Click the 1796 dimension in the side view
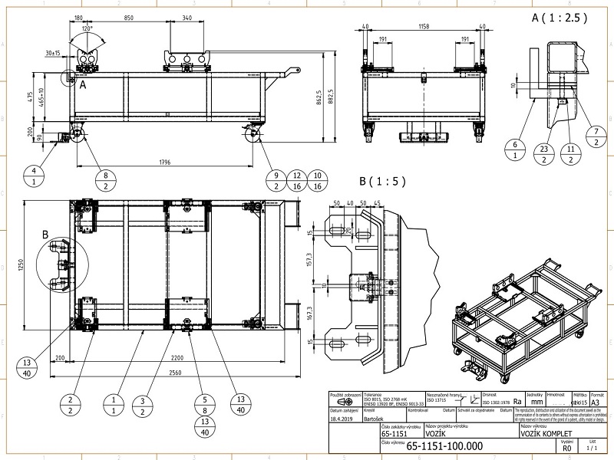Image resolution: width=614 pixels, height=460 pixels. [x=164, y=162]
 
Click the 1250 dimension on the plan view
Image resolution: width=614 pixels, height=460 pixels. [x=25, y=265]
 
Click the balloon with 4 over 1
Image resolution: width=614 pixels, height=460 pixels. [x=35, y=176]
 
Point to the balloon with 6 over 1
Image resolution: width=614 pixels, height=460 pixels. [x=516, y=149]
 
